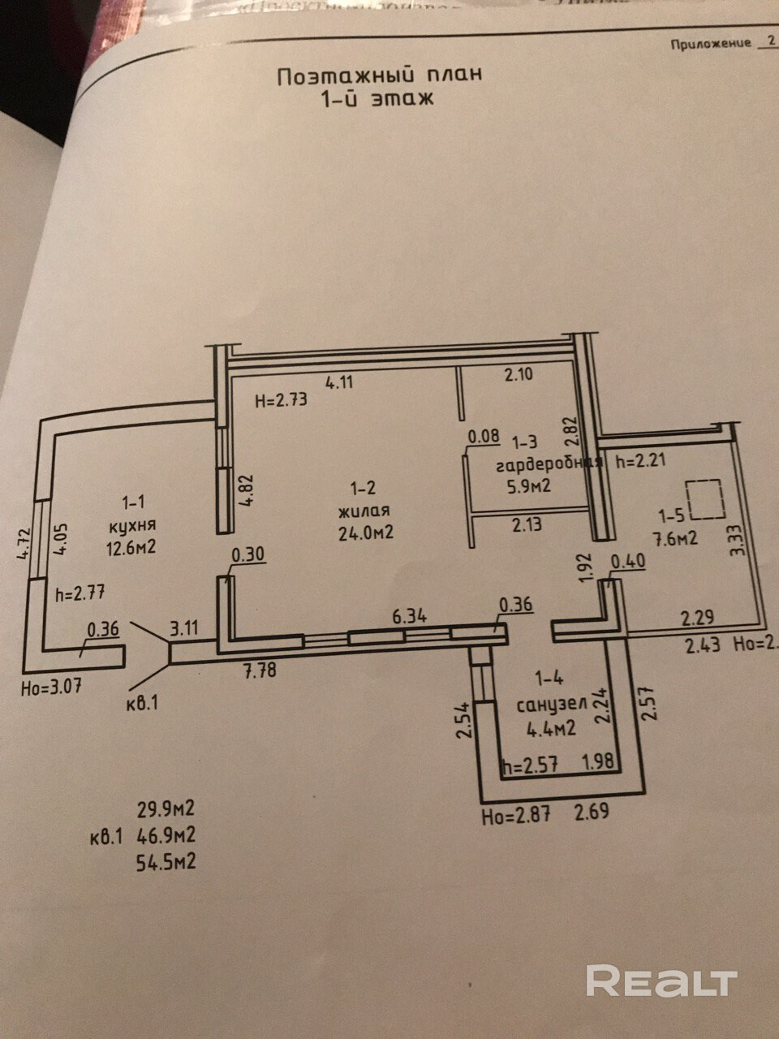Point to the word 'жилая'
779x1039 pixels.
[x=365, y=511]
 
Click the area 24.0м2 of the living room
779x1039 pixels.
[x=367, y=533]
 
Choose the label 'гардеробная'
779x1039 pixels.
[x=548, y=464]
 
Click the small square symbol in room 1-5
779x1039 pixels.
[x=704, y=499]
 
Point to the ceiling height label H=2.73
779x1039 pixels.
[x=281, y=399]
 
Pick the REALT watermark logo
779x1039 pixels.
[x=661, y=981]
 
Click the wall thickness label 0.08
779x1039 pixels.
[x=484, y=436]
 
